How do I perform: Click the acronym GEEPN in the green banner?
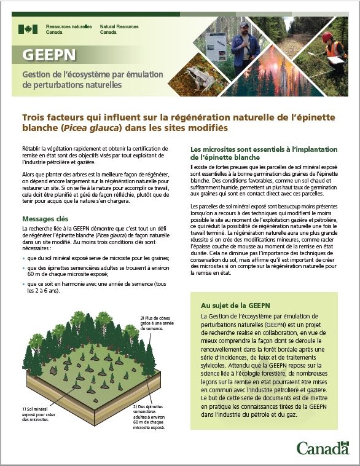coord(49,55)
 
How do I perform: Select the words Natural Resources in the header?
coord(119,27)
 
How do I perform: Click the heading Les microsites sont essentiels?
coord(256,153)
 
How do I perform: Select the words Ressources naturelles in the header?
coord(69,27)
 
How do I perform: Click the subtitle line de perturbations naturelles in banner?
coord(72,85)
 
